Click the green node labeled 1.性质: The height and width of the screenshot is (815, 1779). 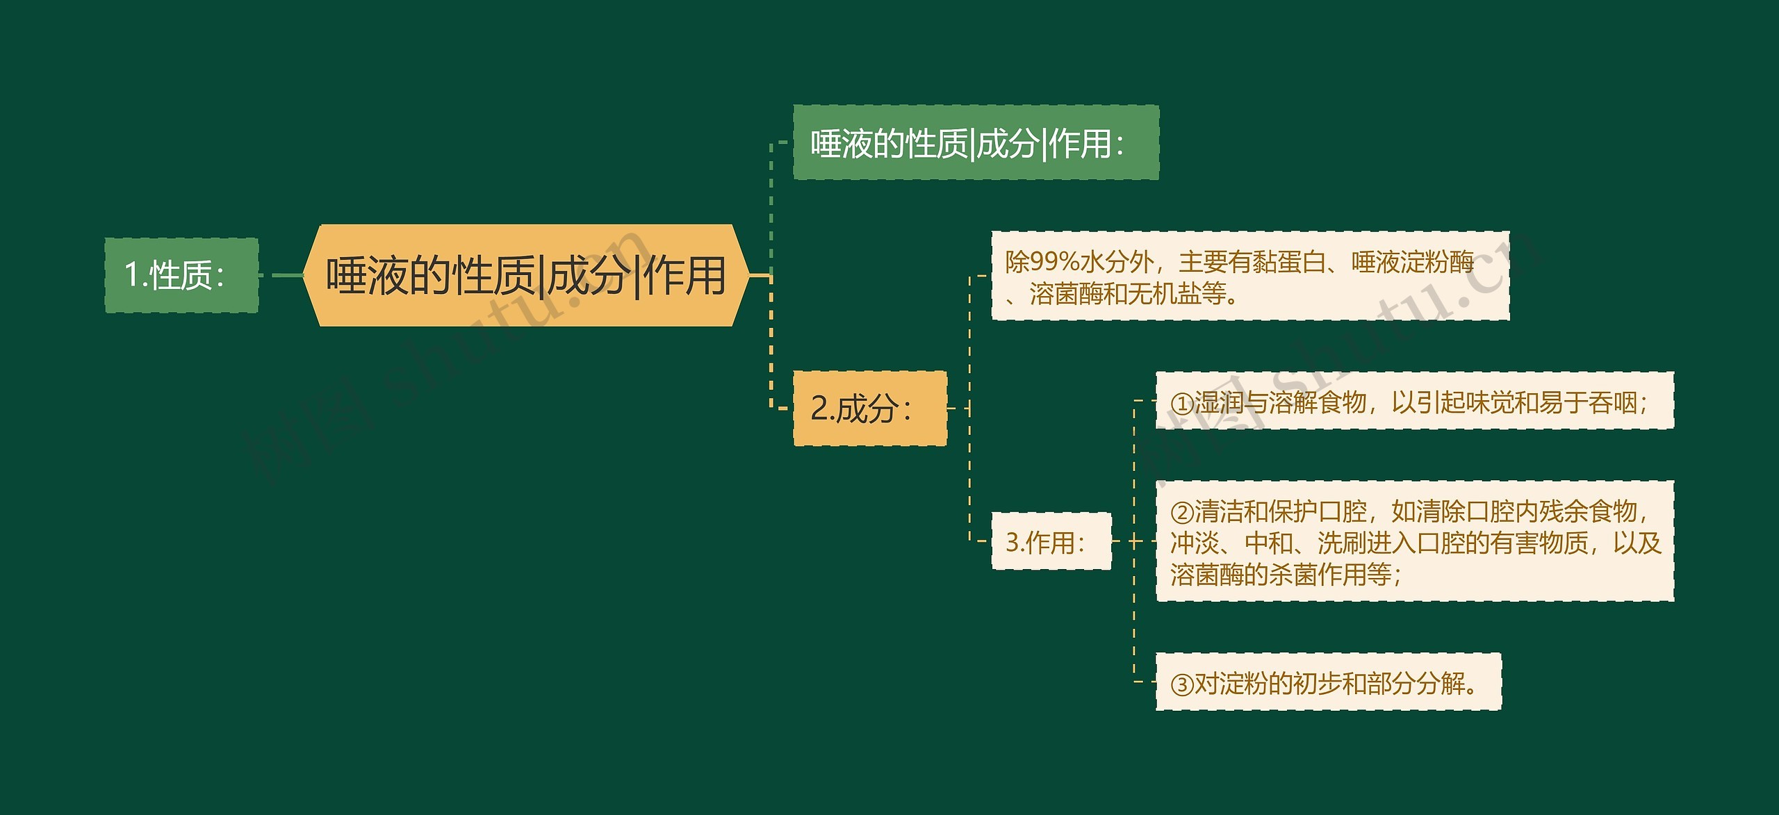[181, 275]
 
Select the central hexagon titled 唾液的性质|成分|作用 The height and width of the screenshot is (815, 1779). [526, 275]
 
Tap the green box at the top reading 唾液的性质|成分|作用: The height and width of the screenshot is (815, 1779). [976, 143]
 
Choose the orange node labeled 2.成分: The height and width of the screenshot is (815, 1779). [869, 409]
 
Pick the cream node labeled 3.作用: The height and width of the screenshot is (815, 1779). [1051, 542]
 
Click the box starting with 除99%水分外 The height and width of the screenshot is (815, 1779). [1249, 277]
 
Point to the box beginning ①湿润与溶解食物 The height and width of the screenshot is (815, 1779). [1414, 402]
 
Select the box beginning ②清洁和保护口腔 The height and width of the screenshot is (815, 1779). [1414, 542]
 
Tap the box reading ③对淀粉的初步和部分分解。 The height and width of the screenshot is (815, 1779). [1328, 683]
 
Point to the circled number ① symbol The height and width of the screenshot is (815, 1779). [1181, 403]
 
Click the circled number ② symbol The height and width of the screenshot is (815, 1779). [1181, 513]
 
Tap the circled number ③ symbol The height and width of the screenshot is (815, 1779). [1181, 684]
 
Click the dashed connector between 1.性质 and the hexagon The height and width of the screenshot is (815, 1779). [281, 275]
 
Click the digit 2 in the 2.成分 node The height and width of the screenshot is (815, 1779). [819, 409]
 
